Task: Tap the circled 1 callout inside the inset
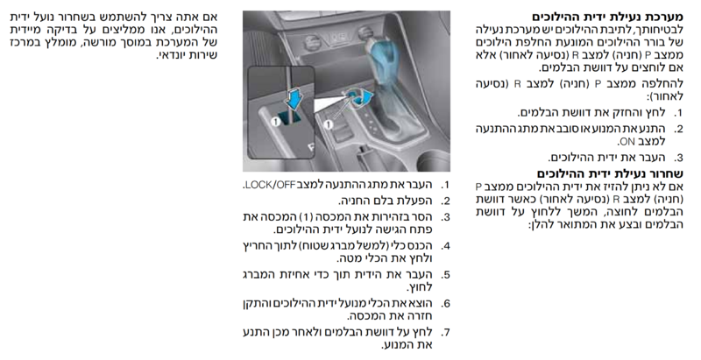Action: [x=275, y=121]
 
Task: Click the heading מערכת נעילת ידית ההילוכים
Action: [x=607, y=18]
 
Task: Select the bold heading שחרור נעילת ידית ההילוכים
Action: [x=610, y=173]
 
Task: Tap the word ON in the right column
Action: [x=627, y=142]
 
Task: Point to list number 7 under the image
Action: [x=445, y=333]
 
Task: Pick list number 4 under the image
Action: [x=445, y=246]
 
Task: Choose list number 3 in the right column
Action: [x=678, y=158]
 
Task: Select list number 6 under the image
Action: [x=445, y=304]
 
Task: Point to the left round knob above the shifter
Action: [x=313, y=43]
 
